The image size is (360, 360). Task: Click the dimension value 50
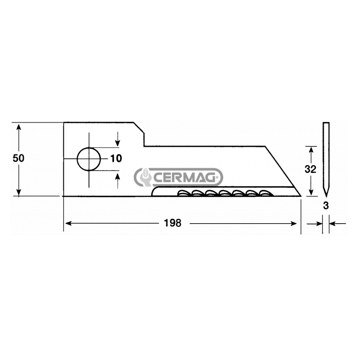point(18,158)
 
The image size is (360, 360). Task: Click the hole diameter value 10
point(116,158)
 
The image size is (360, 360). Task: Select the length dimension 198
point(173,223)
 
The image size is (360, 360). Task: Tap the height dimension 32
point(310,169)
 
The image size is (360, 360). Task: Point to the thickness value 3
point(326,206)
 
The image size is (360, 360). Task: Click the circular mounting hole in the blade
point(89,159)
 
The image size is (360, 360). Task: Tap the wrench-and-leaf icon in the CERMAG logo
point(144,177)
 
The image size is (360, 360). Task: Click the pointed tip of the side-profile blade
point(326,196)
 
